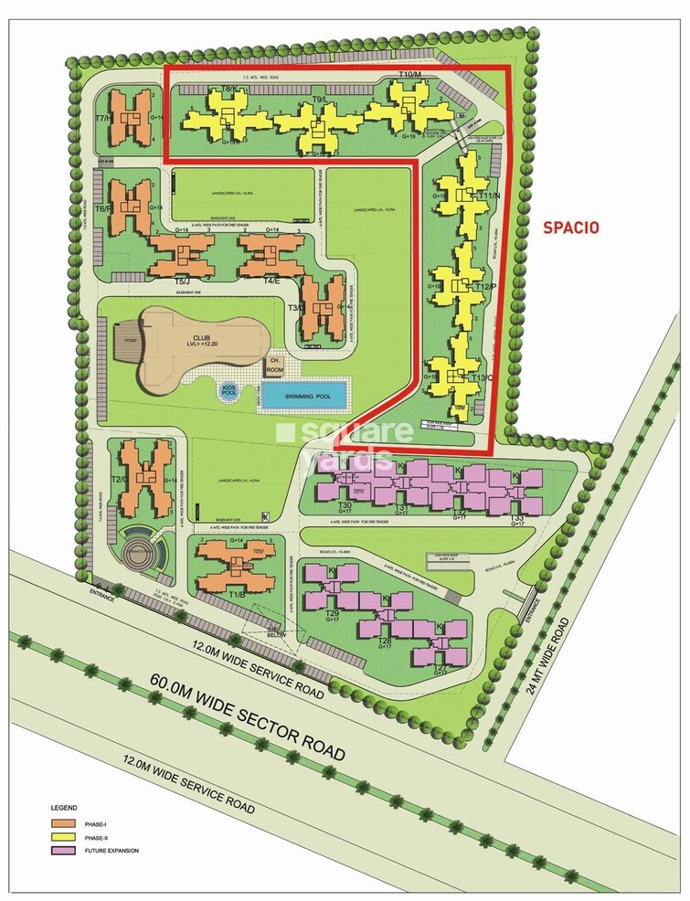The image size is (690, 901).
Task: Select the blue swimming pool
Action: click(x=304, y=395)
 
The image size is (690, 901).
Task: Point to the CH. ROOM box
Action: click(x=273, y=366)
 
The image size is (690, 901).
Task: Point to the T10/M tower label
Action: click(x=409, y=74)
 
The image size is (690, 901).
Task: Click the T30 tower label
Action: click(x=345, y=505)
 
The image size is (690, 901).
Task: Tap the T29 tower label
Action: click(x=333, y=612)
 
